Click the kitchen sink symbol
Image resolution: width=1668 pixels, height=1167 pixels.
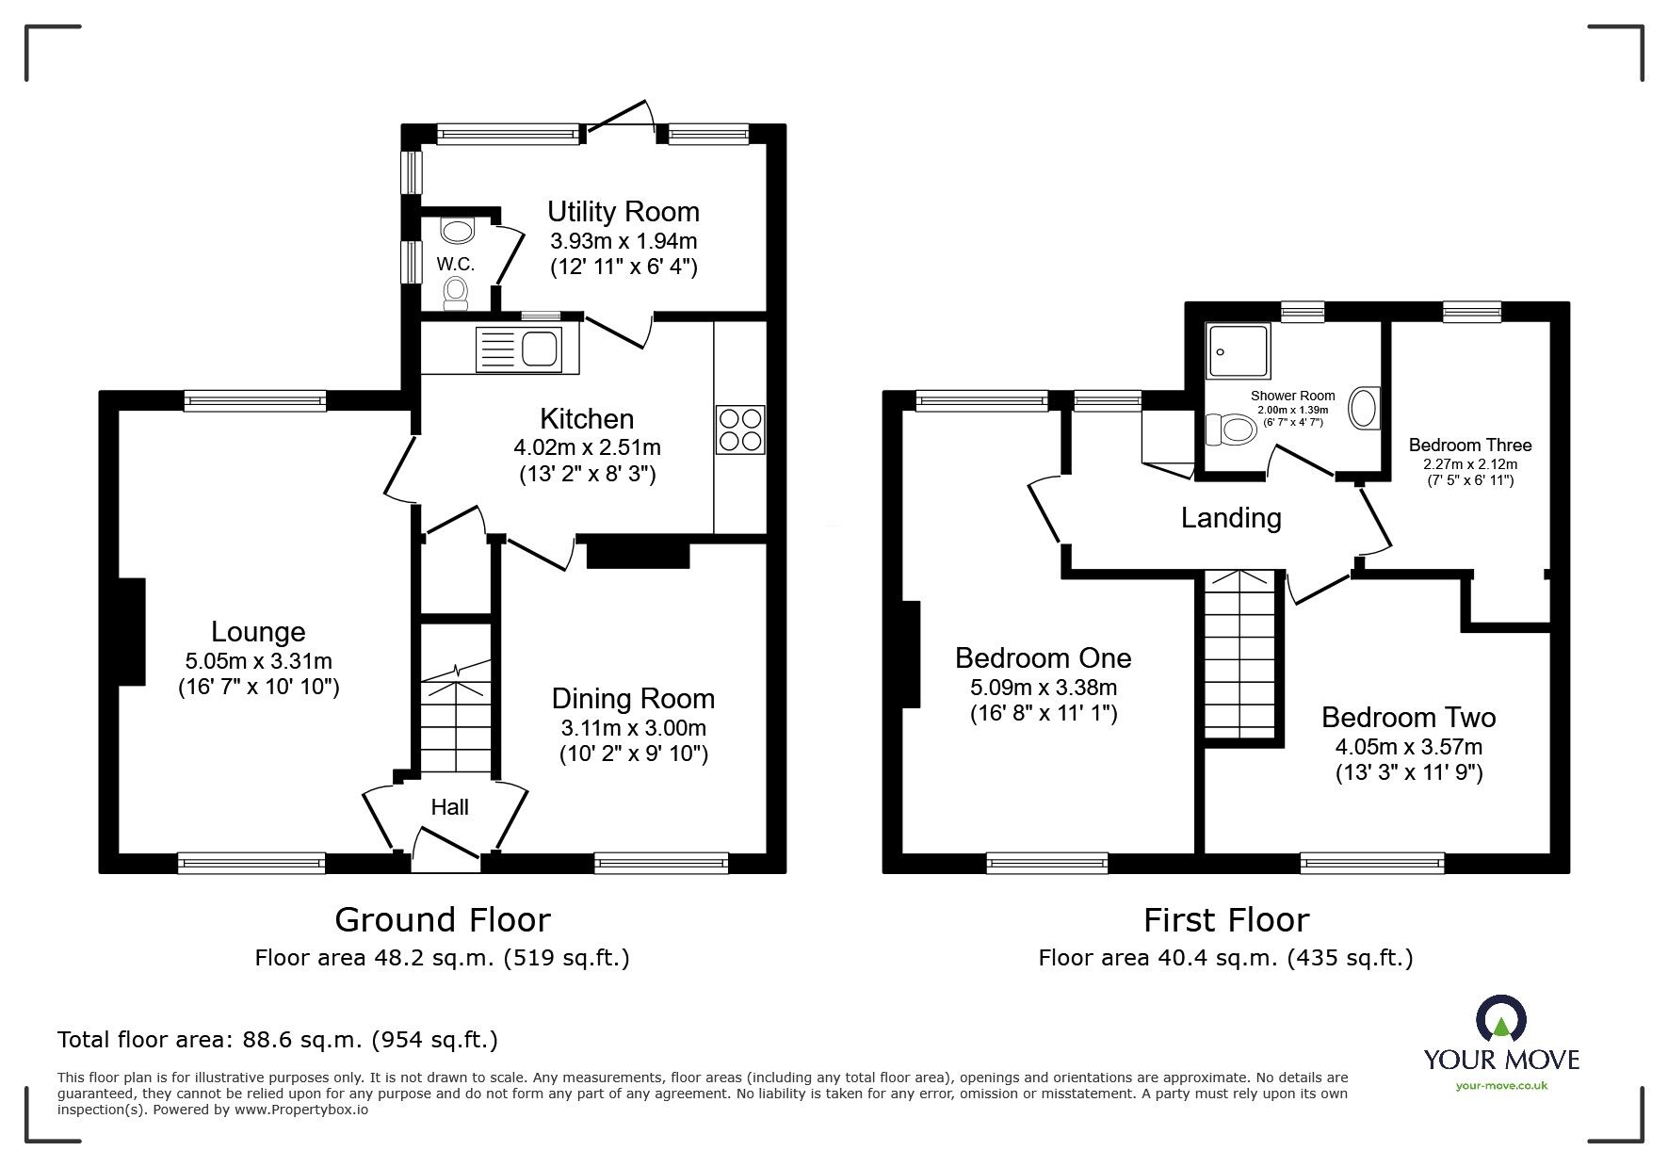pyautogui.click(x=520, y=348)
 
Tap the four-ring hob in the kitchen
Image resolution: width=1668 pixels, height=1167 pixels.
pyautogui.click(x=740, y=430)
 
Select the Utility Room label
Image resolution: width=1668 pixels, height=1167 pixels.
pyautogui.click(x=623, y=211)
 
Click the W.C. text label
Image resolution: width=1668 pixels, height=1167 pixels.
pyautogui.click(x=456, y=265)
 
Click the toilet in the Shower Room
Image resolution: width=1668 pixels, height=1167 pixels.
pyautogui.click(x=1232, y=431)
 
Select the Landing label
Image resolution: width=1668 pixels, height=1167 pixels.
pyautogui.click(x=1231, y=518)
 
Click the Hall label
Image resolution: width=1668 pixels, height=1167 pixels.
pyautogui.click(x=449, y=807)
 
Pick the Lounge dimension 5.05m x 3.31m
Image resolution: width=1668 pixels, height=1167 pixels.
pyautogui.click(x=258, y=662)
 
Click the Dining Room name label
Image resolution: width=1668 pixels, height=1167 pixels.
pyautogui.click(x=633, y=698)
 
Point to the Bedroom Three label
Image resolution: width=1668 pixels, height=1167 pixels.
pyautogui.click(x=1469, y=445)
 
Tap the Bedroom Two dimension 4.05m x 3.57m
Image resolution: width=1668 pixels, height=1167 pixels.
pyautogui.click(x=1408, y=748)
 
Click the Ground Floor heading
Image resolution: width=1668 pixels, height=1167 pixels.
pyautogui.click(x=443, y=919)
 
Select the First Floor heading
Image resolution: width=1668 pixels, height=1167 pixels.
pyautogui.click(x=1226, y=919)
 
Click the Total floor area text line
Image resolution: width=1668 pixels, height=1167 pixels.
pyautogui.click(x=278, y=1040)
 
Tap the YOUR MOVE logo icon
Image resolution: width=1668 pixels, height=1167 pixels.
pyautogui.click(x=1501, y=1020)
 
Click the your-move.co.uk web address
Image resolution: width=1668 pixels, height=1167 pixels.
pyautogui.click(x=1501, y=1085)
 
